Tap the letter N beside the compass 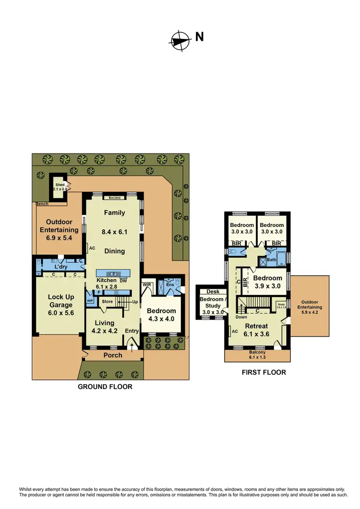(x=199, y=37)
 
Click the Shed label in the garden (x=60, y=185)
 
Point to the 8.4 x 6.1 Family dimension (x=114, y=232)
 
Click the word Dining (x=114, y=250)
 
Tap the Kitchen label (x=106, y=280)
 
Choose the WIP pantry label (x=90, y=301)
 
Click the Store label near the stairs (x=107, y=301)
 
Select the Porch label (x=113, y=355)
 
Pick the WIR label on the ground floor (x=147, y=284)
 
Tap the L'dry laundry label (x=60, y=266)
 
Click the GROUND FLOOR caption (x=105, y=387)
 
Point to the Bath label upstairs (x=271, y=260)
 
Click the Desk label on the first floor (x=213, y=291)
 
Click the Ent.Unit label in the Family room (x=114, y=198)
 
